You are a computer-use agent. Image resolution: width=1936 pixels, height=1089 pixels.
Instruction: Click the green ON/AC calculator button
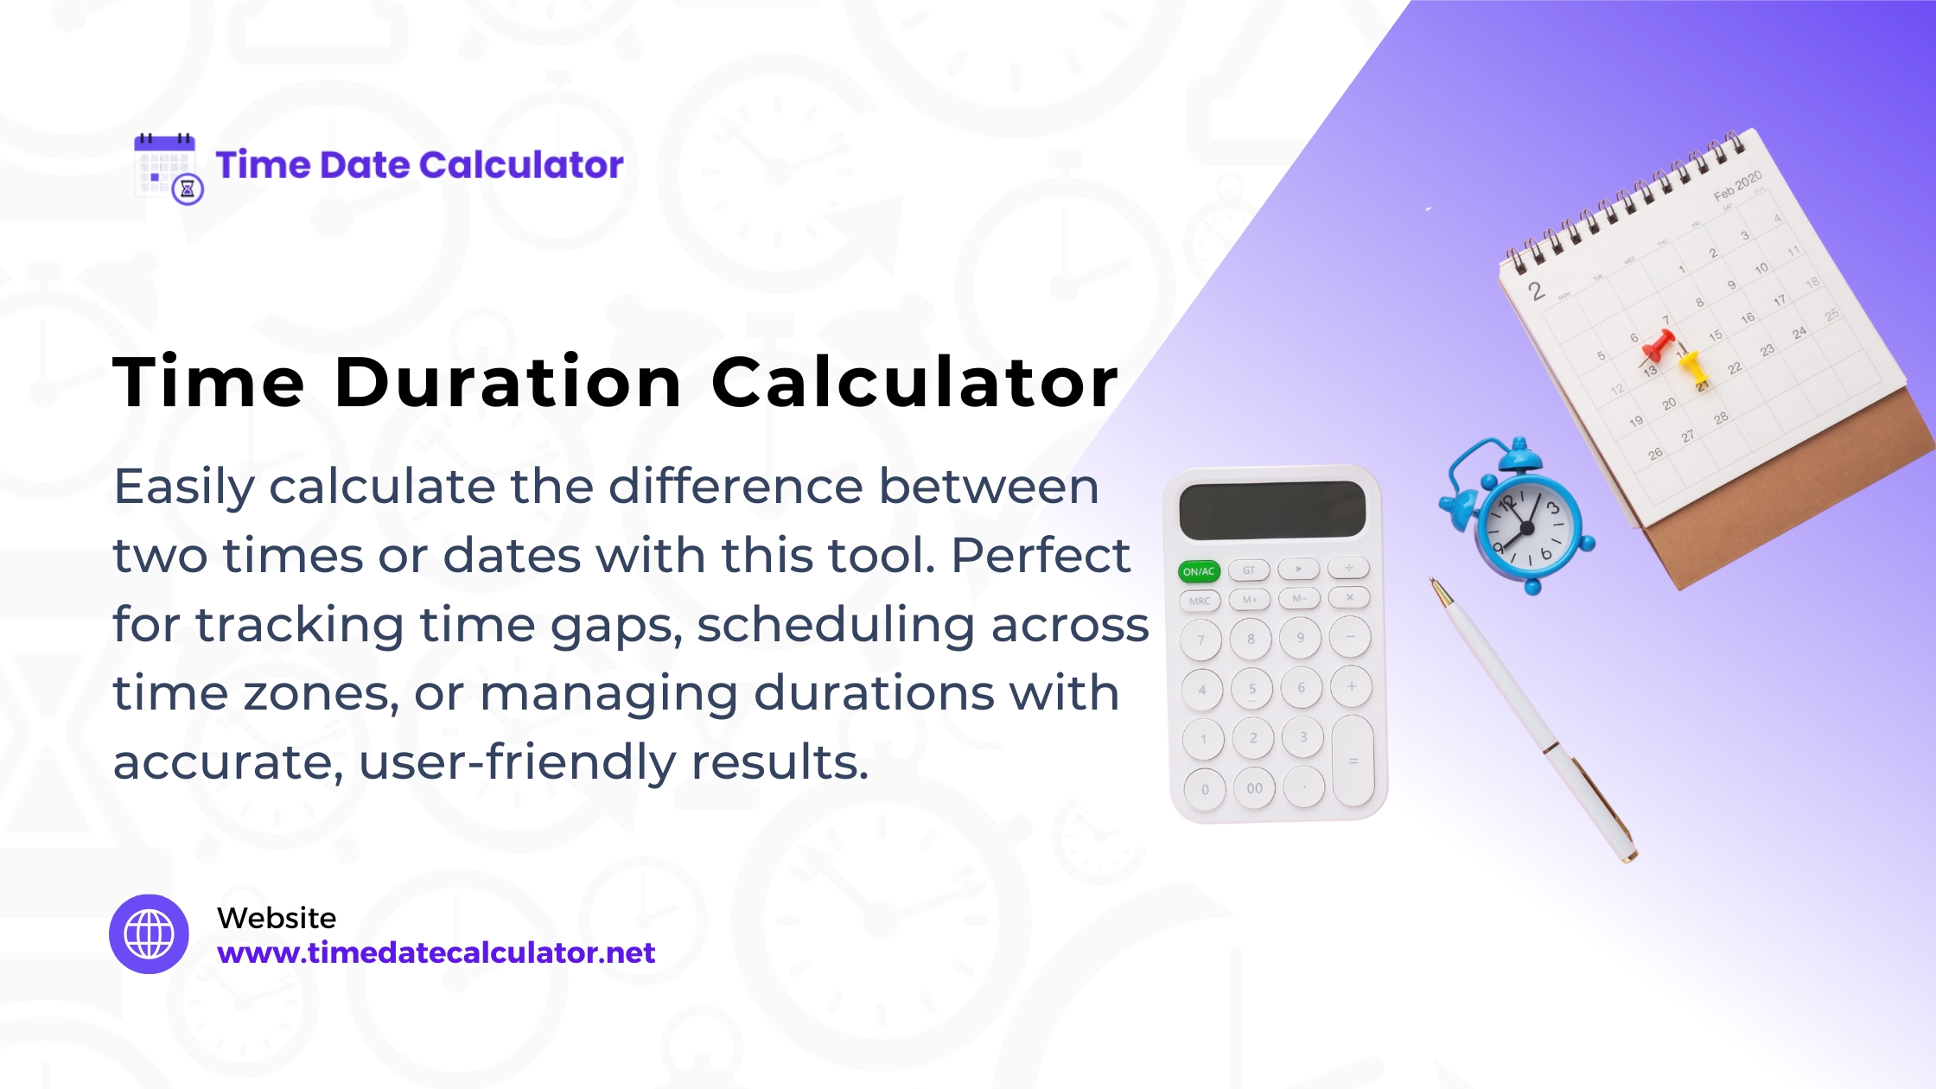click(1199, 571)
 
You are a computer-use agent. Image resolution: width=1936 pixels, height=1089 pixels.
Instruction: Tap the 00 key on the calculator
click(1254, 788)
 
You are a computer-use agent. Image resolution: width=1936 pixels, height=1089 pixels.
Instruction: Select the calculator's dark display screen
click(1272, 510)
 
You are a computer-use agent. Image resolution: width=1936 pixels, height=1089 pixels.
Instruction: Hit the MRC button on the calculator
click(1200, 601)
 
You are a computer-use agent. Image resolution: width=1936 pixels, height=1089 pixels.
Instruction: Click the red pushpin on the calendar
click(1658, 345)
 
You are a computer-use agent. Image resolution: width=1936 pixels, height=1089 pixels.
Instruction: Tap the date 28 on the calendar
click(1721, 418)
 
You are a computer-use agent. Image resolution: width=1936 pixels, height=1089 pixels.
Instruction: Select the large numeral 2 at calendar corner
click(1536, 290)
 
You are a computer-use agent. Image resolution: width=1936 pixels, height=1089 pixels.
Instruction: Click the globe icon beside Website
click(149, 934)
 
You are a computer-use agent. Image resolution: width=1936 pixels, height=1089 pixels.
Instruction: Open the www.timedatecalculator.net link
click(436, 952)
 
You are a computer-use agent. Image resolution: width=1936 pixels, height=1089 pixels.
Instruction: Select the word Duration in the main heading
click(508, 383)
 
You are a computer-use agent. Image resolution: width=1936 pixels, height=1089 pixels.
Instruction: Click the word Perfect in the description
click(1041, 555)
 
